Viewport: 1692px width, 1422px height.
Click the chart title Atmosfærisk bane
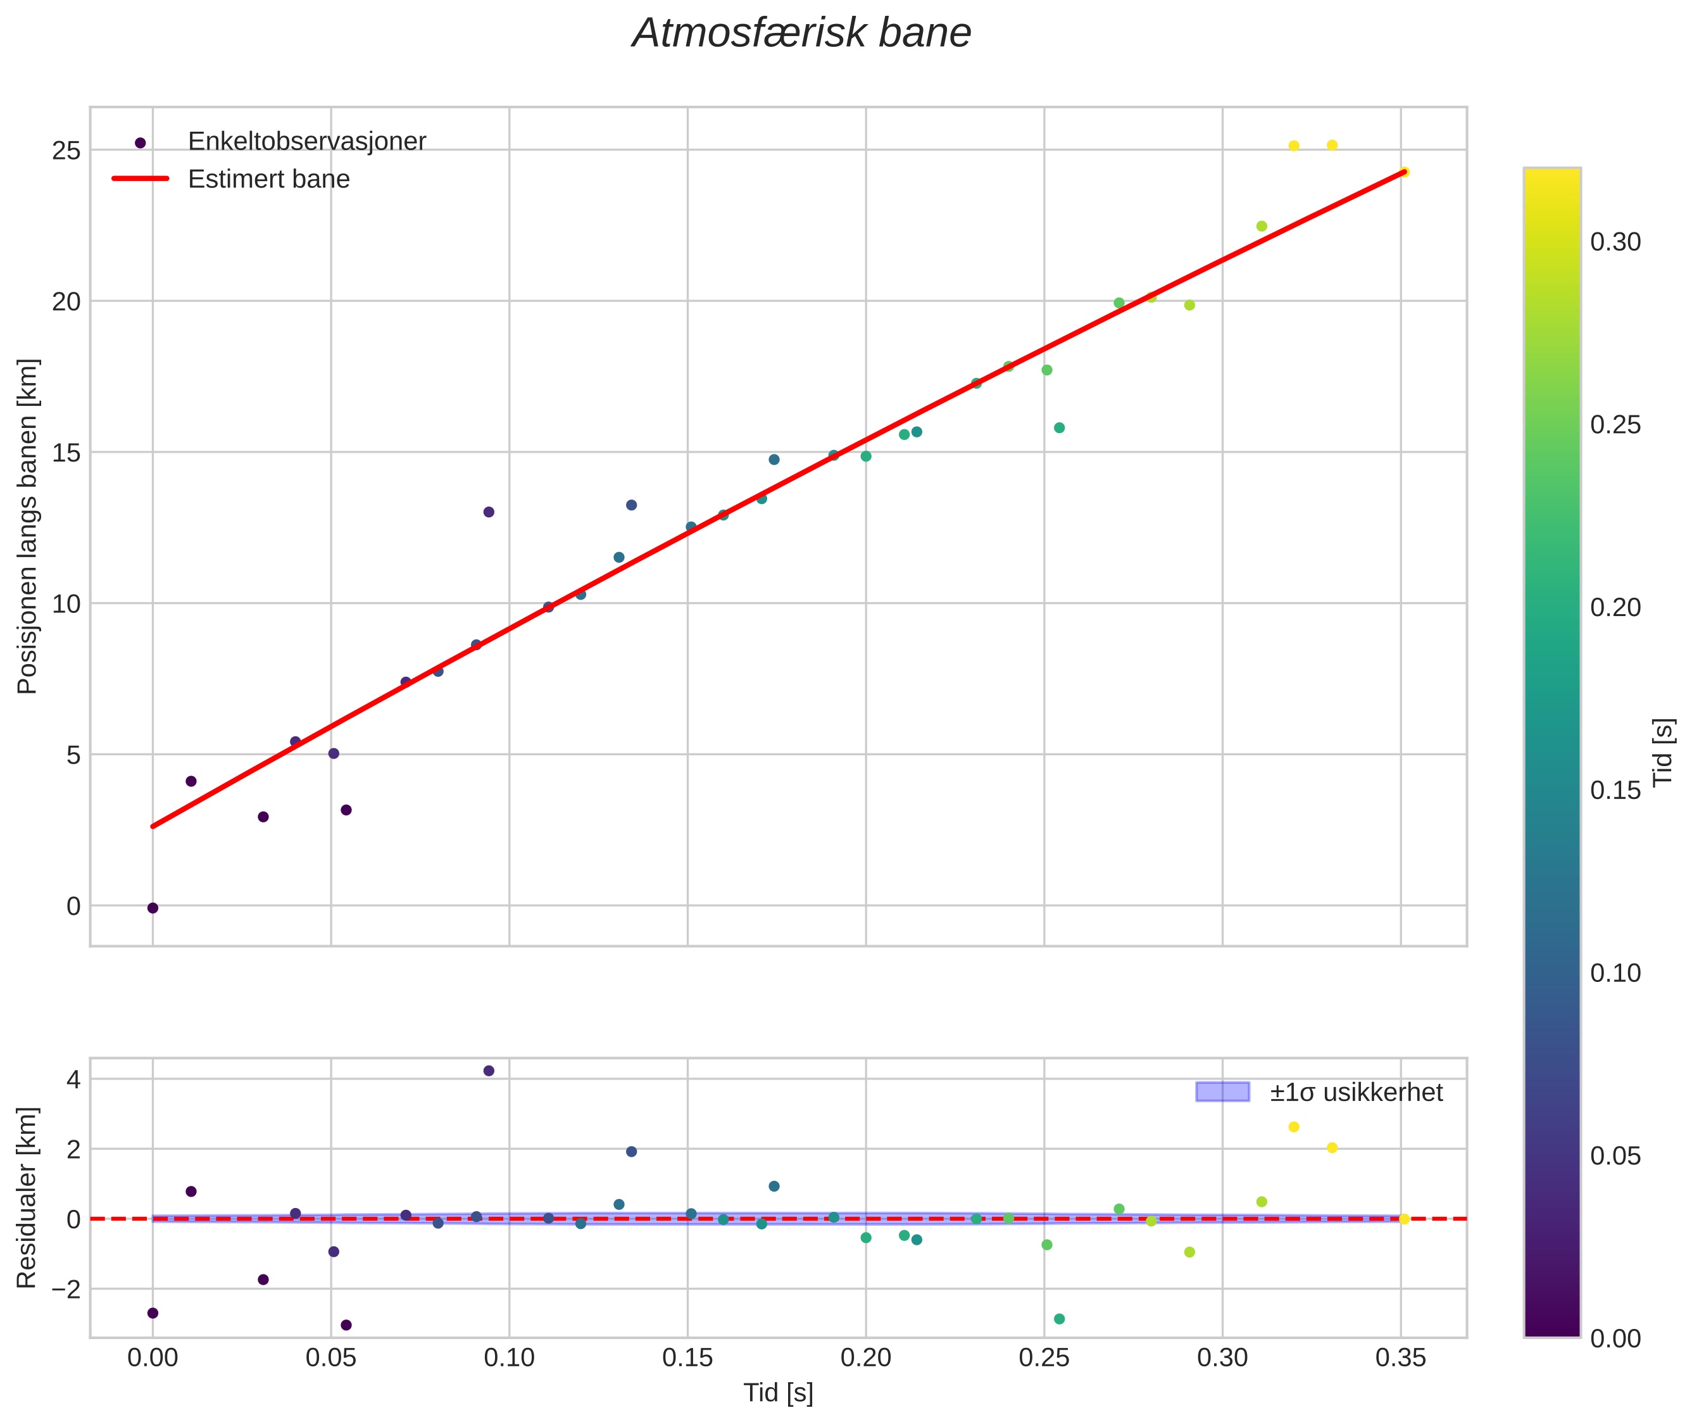(801, 34)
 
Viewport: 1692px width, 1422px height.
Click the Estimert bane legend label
(268, 179)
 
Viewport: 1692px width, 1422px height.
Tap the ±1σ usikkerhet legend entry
(1356, 1092)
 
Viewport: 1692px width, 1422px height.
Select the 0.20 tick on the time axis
(866, 1358)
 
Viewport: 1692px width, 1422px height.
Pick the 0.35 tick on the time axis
(1400, 1358)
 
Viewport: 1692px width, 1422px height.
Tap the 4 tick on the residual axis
(73, 1079)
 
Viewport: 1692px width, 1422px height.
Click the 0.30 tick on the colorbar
(1615, 242)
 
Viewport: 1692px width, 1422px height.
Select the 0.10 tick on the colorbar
(1615, 973)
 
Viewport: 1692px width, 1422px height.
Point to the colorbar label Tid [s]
(1664, 752)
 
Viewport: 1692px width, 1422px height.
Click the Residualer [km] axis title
(27, 1198)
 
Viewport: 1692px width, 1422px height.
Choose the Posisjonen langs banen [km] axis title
(27, 526)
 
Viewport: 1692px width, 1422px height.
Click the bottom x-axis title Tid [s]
(778, 1393)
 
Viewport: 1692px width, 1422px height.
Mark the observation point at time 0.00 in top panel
(153, 909)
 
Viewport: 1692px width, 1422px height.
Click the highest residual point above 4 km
(489, 1071)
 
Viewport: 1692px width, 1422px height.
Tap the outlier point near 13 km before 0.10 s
(489, 512)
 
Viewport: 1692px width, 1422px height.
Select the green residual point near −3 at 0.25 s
(1059, 1319)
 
